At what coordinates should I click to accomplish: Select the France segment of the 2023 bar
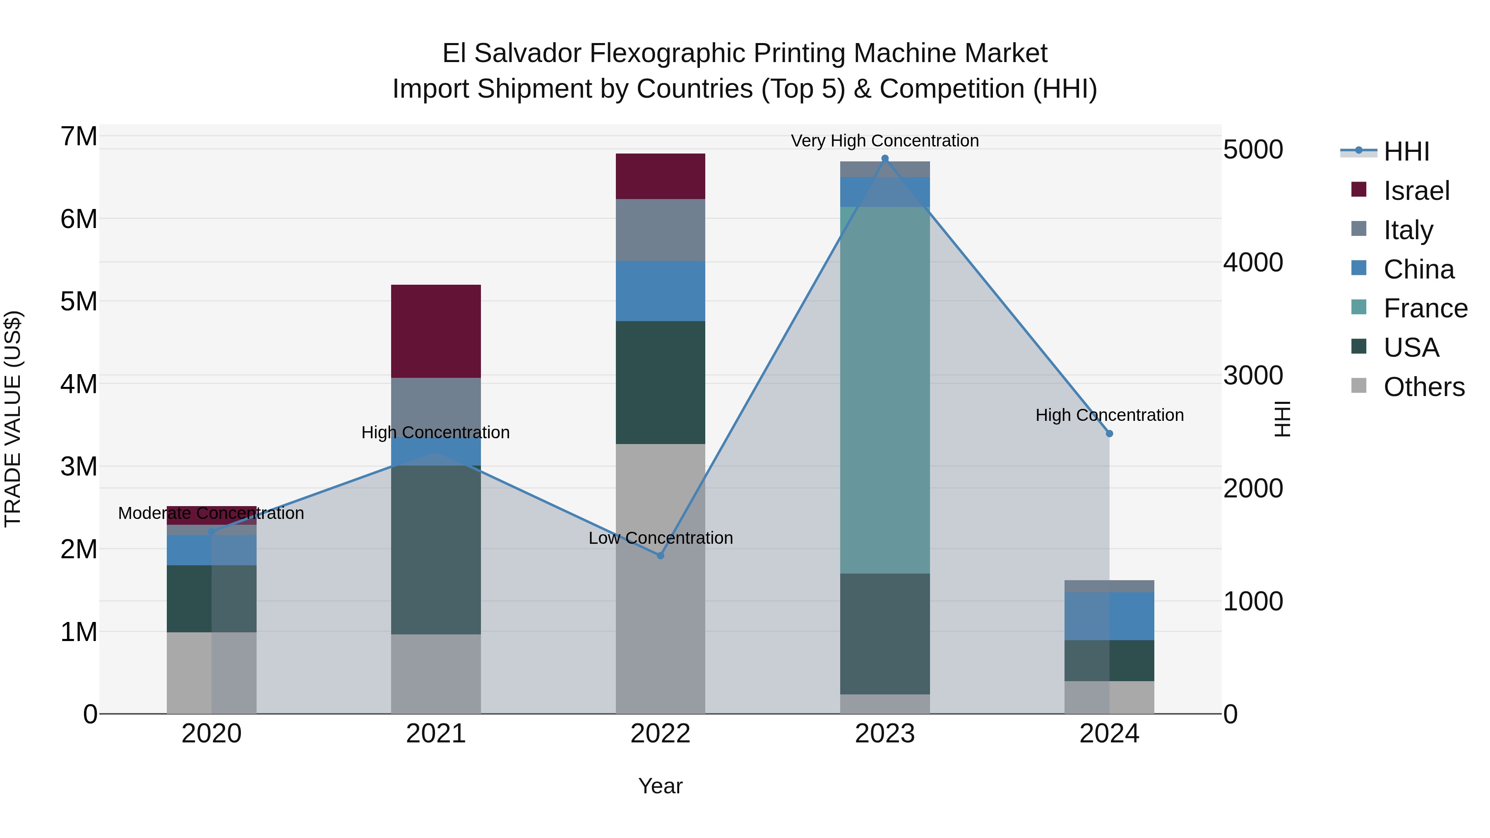(884, 390)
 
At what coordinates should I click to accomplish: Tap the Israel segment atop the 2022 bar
(660, 176)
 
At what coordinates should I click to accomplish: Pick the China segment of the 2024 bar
(1109, 616)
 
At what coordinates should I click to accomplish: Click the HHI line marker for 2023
(884, 158)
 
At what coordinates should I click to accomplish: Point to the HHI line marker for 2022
(661, 556)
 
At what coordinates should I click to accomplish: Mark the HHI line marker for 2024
(1109, 434)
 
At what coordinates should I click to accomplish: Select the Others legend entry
(1423, 387)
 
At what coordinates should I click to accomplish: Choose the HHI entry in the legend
(1406, 151)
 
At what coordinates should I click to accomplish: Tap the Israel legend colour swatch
(1359, 190)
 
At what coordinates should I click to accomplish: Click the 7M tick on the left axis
(79, 137)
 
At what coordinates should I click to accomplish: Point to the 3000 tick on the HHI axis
(1253, 376)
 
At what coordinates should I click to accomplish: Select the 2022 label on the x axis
(660, 734)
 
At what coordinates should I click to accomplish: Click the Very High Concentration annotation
(884, 141)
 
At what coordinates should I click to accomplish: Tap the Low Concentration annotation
(661, 538)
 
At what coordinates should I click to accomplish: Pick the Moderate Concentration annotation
(211, 513)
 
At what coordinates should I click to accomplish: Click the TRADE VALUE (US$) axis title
(13, 419)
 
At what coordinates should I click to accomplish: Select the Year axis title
(660, 786)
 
